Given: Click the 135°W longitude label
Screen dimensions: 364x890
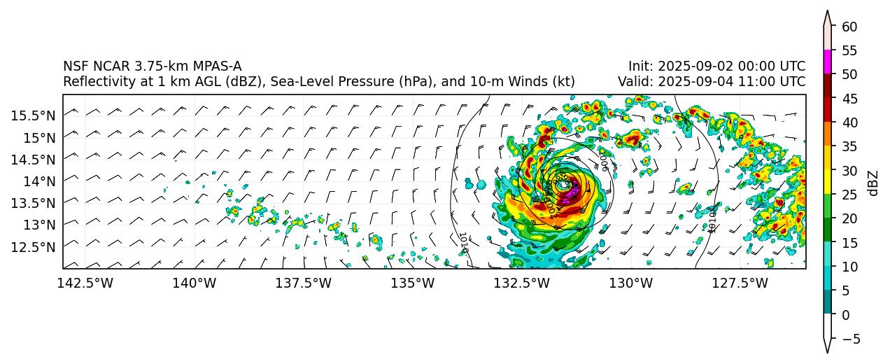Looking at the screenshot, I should (412, 283).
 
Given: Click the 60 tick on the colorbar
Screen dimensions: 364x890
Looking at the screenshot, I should (849, 26).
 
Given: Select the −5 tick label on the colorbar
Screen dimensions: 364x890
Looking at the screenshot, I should (849, 339).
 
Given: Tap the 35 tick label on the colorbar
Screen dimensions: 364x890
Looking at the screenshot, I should (849, 146).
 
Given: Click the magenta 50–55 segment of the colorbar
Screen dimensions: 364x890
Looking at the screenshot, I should (828, 62).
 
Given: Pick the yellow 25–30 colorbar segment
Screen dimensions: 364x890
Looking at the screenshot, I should (828, 182).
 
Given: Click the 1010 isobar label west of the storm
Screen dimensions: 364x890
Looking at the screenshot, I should (462, 242).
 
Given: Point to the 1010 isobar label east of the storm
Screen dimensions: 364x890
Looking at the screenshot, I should (712, 219).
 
